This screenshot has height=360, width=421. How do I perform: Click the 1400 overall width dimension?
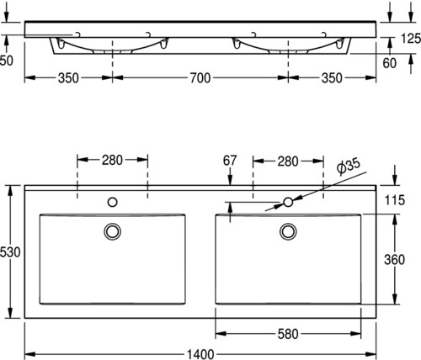point(200,355)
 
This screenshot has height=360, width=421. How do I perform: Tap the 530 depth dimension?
point(10,252)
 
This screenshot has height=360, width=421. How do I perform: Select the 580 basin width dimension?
point(288,334)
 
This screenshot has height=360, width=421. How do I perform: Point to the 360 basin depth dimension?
point(394,260)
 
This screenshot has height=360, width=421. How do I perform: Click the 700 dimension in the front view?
point(200,78)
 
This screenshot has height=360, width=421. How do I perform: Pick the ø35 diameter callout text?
point(349,167)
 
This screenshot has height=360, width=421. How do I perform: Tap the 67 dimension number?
point(230,161)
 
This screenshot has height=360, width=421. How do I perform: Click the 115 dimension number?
point(395,200)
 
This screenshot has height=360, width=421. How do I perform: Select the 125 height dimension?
point(411,39)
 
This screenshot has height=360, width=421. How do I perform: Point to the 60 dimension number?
point(390,63)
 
